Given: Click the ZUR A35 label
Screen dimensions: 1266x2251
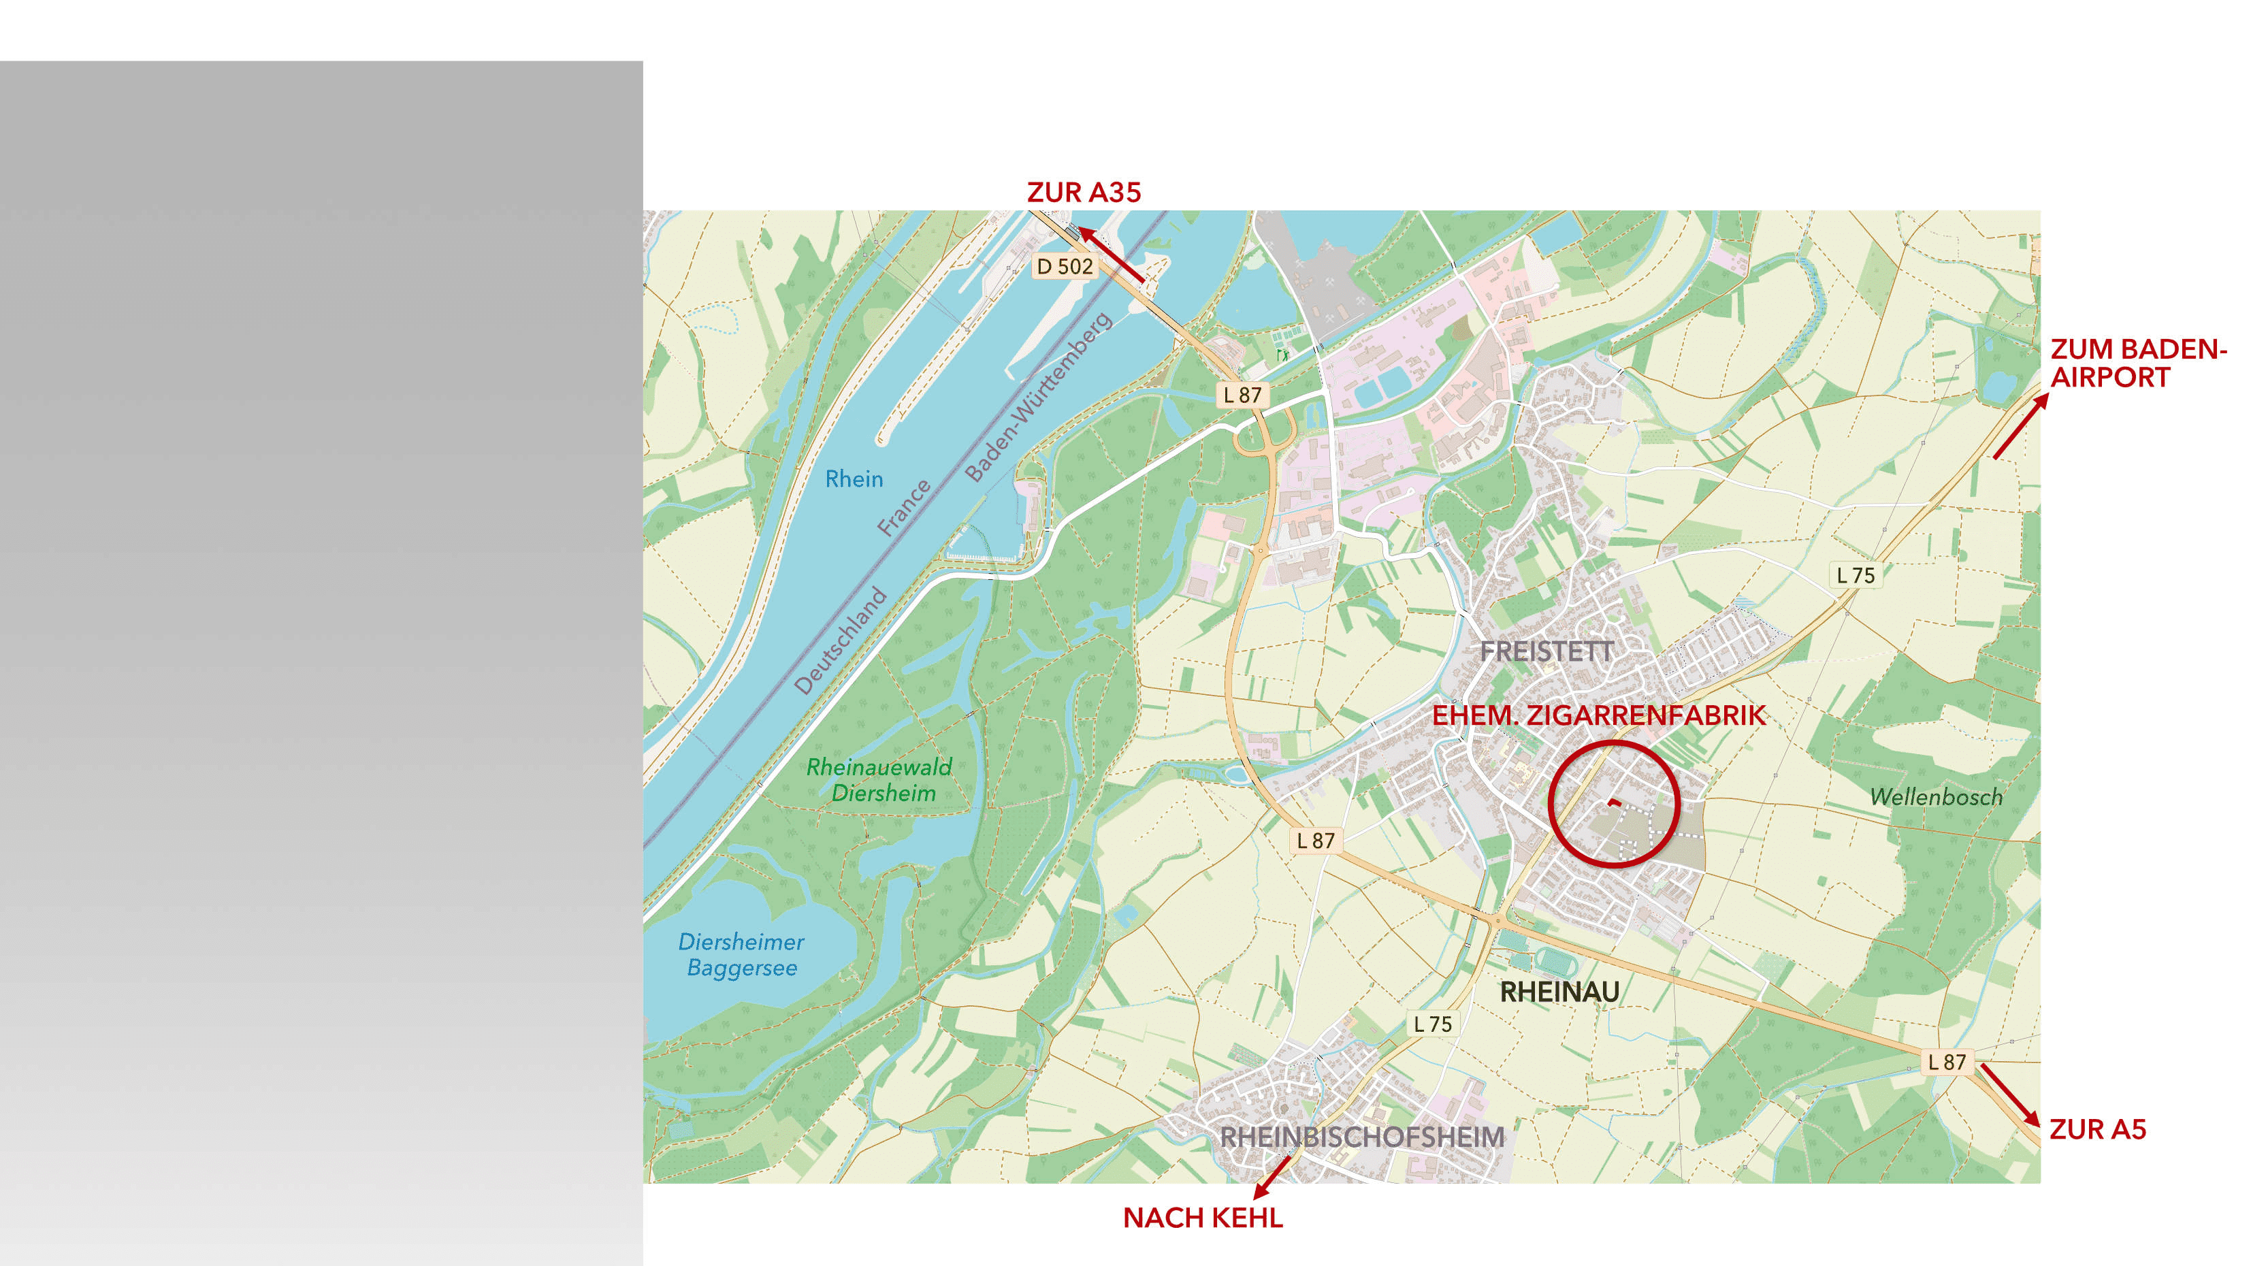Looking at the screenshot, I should [1084, 192].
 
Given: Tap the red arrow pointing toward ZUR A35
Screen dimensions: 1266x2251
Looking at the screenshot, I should [1111, 255].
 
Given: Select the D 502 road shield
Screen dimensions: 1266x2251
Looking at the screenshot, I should [1065, 267].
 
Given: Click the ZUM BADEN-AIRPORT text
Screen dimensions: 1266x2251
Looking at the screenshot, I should [2137, 363].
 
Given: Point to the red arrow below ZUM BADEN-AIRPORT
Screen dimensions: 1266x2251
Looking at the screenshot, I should [2021, 425].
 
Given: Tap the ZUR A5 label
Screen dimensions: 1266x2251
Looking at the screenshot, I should [2097, 1130].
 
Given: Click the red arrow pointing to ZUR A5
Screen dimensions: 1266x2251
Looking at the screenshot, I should [2010, 1094].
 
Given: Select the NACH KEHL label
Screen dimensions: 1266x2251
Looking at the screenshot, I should [1202, 1218].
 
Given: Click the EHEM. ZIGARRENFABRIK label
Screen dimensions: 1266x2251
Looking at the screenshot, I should [1598, 715].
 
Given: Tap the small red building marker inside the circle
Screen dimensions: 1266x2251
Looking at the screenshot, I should [1614, 801].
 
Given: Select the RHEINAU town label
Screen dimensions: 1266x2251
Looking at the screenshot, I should [1560, 992].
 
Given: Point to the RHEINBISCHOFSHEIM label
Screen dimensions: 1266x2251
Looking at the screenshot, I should [1361, 1137].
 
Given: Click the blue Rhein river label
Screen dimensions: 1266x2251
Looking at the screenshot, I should [854, 478].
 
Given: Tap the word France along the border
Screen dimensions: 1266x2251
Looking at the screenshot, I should [905, 508].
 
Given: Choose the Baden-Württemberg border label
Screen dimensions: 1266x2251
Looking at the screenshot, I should [1037, 397].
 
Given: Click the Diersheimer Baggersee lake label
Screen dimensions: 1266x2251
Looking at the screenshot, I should [741, 954].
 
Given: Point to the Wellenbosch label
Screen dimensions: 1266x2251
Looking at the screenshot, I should [1936, 797].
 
